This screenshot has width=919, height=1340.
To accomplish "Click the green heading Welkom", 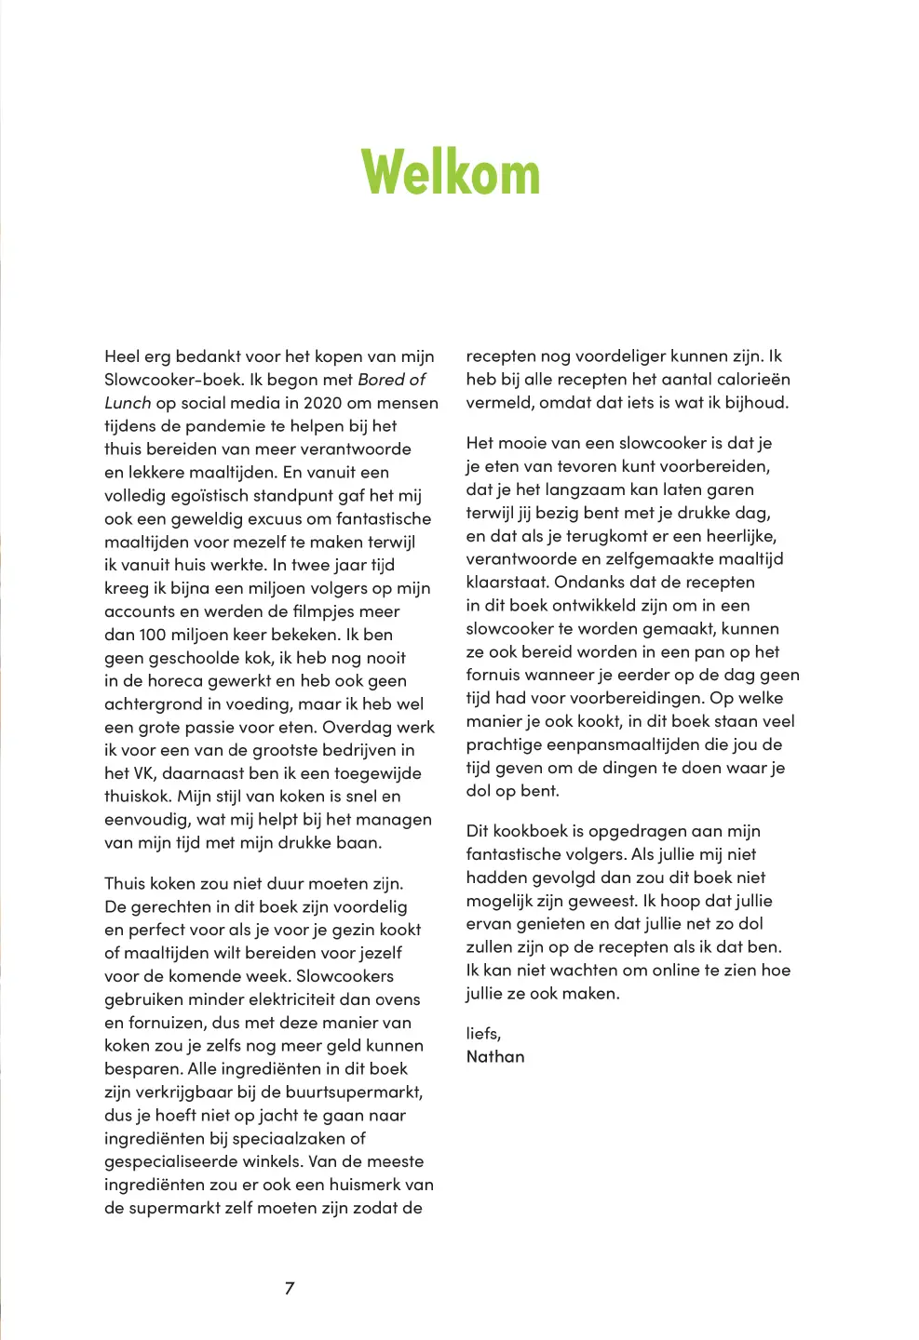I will (x=451, y=173).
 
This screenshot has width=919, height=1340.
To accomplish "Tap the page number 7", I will (x=290, y=1288).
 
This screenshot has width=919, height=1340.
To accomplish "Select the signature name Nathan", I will (x=495, y=1056).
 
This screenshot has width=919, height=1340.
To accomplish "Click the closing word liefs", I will (x=482, y=1033).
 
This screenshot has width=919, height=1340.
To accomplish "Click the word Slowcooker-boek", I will (x=174, y=380).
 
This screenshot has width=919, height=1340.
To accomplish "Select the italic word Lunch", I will (x=128, y=403).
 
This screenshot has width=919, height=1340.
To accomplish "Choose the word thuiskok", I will (x=138, y=797).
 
